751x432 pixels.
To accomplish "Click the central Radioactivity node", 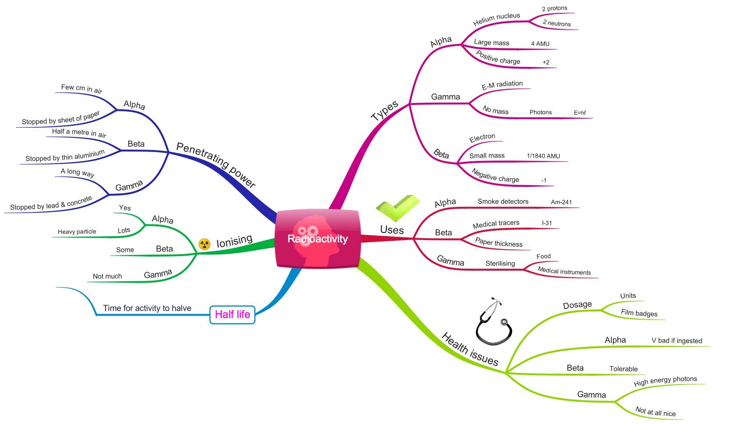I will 317,239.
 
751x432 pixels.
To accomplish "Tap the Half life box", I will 232,315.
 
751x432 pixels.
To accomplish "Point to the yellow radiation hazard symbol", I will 204,244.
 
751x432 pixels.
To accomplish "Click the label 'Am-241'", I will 561,202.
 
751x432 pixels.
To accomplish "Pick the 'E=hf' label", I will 580,113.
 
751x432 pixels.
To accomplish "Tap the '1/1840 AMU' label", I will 543,156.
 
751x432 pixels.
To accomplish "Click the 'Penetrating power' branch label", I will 216,165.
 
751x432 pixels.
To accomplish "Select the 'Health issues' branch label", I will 470,349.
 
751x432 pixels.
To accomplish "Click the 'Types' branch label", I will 384,110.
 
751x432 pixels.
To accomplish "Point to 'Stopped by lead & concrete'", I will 51,203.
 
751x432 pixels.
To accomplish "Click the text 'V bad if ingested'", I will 677,341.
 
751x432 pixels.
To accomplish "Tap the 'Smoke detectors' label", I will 503,201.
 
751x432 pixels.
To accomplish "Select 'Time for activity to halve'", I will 147,308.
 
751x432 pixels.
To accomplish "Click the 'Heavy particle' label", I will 77,231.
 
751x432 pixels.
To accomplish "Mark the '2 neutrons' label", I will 557,23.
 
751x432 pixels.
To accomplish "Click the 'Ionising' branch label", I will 234,241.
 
